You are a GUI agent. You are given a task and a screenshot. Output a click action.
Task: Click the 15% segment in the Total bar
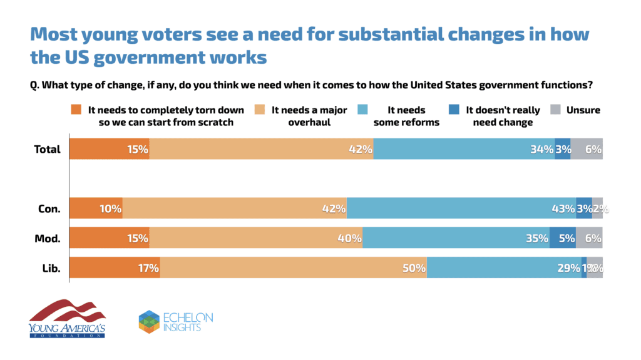tap(109, 149)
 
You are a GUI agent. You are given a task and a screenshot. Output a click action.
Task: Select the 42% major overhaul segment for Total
tap(261, 149)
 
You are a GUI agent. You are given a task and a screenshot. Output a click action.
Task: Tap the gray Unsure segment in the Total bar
tap(587, 149)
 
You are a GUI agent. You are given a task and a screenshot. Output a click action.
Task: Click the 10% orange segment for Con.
tap(95, 208)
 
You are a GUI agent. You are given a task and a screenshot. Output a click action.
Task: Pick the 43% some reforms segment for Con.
tap(461, 208)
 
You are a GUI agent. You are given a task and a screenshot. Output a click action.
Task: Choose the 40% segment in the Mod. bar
tap(255, 238)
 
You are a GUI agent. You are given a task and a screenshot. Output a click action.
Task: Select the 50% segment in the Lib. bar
tap(293, 268)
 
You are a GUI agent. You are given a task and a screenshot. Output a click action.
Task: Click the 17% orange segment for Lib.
tap(114, 268)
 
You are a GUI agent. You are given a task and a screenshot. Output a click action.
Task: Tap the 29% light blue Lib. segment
tap(504, 268)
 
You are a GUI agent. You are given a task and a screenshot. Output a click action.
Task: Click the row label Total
tap(48, 149)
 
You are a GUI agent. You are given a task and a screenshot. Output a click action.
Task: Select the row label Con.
tap(50, 208)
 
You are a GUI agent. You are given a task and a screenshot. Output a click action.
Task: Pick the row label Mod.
tap(49, 238)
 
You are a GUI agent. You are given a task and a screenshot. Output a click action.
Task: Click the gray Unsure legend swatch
tap(555, 110)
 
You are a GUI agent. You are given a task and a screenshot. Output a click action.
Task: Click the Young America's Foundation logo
tap(66, 319)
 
